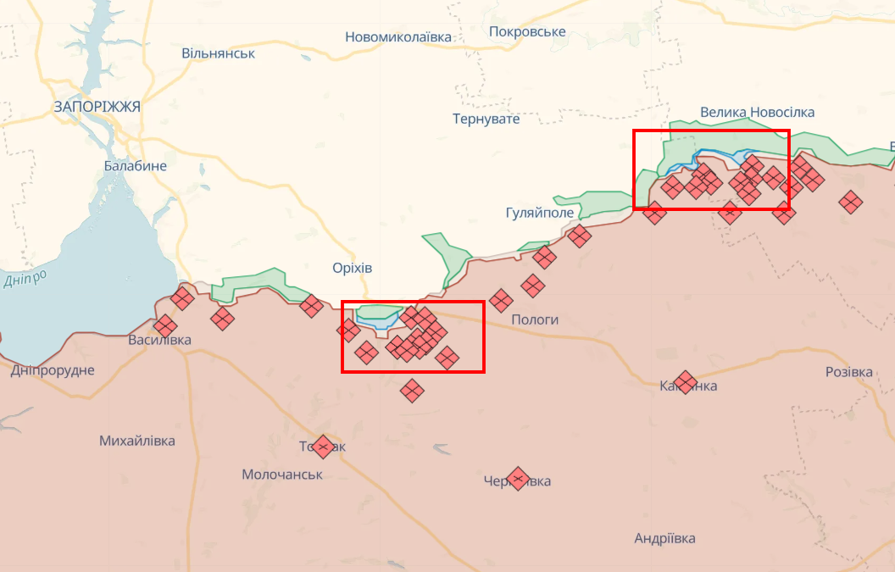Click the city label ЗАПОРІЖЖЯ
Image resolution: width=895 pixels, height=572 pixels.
pos(97,107)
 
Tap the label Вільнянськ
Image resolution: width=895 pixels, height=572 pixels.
pos(218,53)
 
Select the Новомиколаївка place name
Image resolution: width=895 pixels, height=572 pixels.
pos(398,37)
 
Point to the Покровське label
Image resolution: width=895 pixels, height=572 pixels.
pos(527,32)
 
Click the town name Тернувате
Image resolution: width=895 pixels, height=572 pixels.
pos(486,119)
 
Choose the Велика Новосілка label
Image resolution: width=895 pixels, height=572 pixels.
pos(757,113)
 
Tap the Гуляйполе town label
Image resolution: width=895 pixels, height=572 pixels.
pos(539,213)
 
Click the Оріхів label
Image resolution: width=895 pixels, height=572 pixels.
pos(353,268)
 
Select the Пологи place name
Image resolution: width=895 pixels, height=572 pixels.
pos(535,319)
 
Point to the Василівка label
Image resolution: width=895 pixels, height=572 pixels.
pos(159,341)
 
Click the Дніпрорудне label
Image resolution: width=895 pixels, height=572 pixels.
pos(53,370)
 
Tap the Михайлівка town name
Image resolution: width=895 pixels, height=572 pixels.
pos(137,441)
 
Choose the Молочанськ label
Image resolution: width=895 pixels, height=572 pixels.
pos(282,475)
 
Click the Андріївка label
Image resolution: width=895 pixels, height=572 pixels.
pos(664,538)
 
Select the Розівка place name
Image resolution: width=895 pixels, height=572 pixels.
pos(848,372)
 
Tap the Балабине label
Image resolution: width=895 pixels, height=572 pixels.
pos(136,166)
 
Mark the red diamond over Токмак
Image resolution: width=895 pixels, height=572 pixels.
pos(322,446)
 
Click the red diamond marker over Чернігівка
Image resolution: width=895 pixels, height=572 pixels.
pos(518,479)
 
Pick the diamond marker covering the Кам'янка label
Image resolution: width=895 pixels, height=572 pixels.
pos(686,382)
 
